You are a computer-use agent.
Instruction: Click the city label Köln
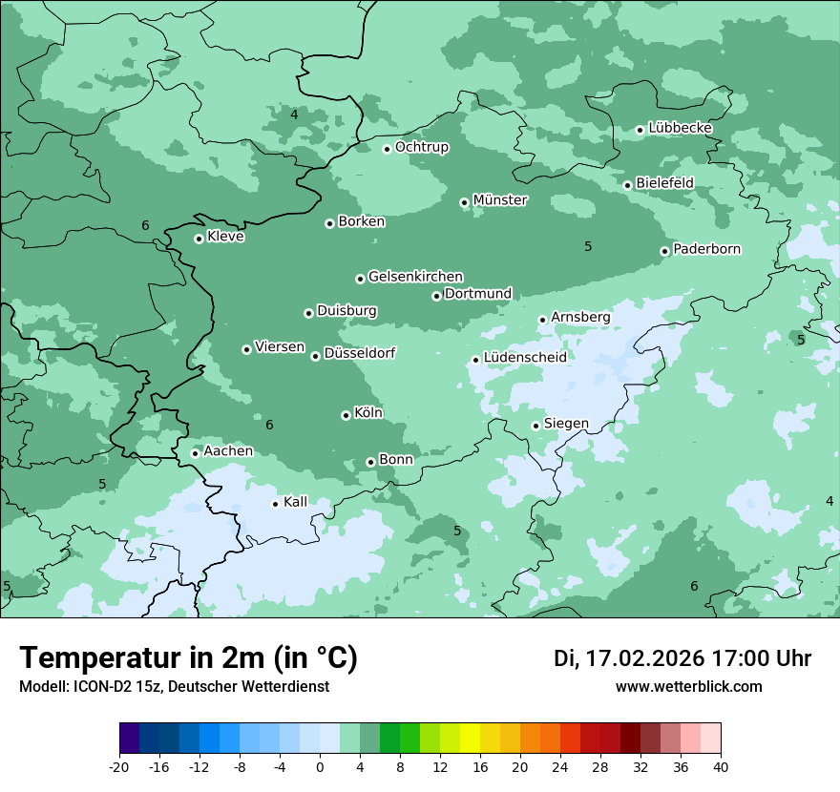pyautogui.click(x=368, y=413)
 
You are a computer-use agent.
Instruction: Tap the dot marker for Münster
pyautogui.click(x=465, y=202)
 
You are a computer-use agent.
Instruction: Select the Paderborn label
pyautogui.click(x=706, y=249)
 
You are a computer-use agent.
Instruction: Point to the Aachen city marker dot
pyautogui.click(x=195, y=453)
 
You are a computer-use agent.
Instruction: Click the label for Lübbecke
pyautogui.click(x=680, y=128)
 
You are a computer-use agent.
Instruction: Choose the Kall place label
pyautogui.click(x=296, y=502)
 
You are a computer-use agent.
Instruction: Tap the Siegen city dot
pyautogui.click(x=536, y=426)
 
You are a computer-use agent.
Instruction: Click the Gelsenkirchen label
pyautogui.click(x=415, y=277)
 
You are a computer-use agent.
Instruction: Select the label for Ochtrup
pyautogui.click(x=421, y=147)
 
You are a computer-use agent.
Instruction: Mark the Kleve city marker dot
pyautogui.click(x=199, y=239)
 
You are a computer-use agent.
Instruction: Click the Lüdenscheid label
pyautogui.click(x=525, y=358)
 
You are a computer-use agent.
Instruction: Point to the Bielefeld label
pyautogui.click(x=664, y=182)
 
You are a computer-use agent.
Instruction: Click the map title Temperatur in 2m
pyautogui.click(x=188, y=658)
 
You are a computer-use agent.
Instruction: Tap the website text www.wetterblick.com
pyautogui.click(x=688, y=687)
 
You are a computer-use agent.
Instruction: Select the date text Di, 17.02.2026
pyautogui.click(x=629, y=658)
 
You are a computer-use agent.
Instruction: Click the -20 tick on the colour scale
pyautogui.click(x=119, y=766)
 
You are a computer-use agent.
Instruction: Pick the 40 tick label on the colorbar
pyautogui.click(x=721, y=766)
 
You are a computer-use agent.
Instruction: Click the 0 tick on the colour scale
pyautogui.click(x=320, y=766)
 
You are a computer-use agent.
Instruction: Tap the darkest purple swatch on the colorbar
pyautogui.click(x=130, y=739)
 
